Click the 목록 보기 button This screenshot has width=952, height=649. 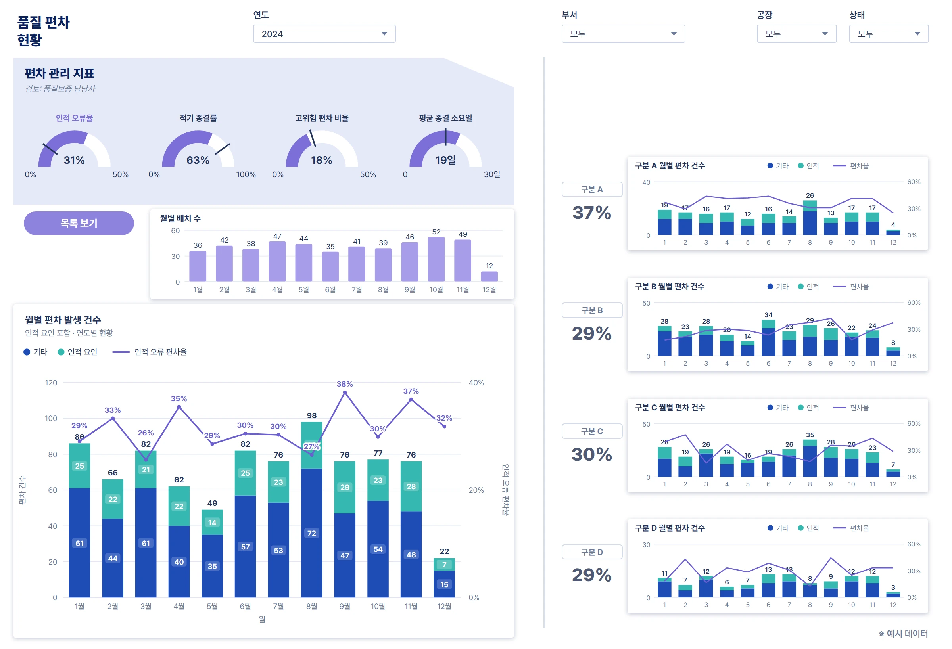coord(79,223)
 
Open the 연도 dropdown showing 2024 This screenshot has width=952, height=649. coord(324,34)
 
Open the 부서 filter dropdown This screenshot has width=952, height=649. coord(623,34)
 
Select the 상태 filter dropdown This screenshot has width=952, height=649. coord(889,34)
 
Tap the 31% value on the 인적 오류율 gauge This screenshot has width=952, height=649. coord(74,160)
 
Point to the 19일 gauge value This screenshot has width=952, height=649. coord(445,160)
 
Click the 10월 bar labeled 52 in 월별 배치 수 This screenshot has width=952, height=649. coord(436,259)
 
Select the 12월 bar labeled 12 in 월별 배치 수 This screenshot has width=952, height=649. coord(489,276)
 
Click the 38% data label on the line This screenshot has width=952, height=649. coord(345,384)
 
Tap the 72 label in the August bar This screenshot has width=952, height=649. coord(311,533)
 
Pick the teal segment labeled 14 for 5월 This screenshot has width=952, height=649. coord(212,522)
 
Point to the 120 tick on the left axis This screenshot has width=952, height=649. coord(51,383)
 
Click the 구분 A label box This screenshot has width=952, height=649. coord(592,189)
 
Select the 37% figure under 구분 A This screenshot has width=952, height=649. coord(592,213)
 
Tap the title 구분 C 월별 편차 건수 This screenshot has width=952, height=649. coord(670,407)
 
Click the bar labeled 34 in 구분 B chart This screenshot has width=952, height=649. coord(768,337)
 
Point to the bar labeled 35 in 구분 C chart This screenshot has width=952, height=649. coord(810,458)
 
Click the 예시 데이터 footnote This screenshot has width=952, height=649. coord(903,633)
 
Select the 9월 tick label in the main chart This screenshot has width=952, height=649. coord(345,606)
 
